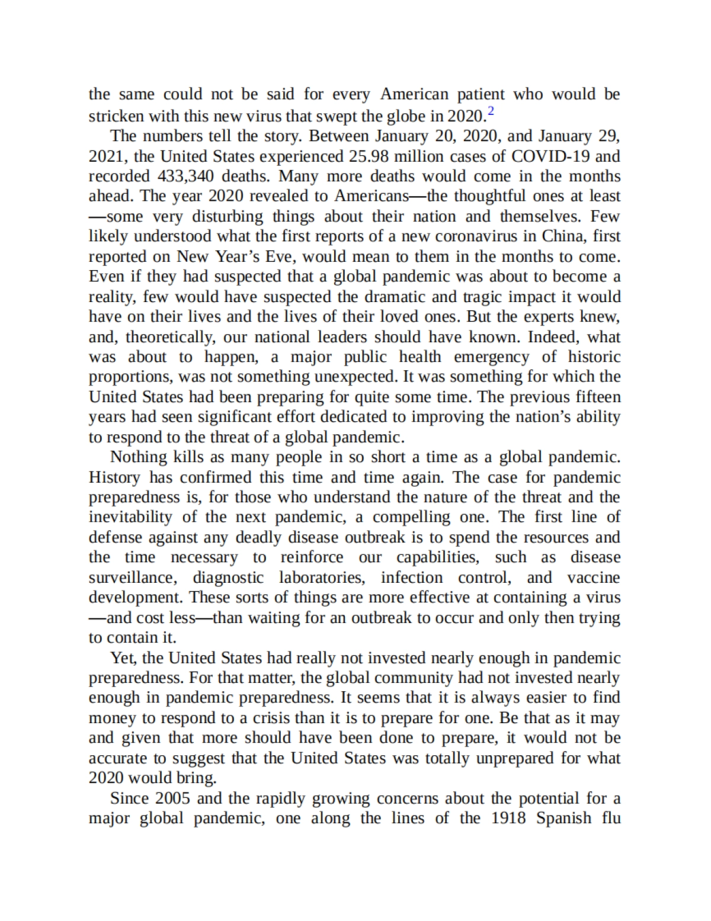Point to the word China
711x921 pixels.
[x=563, y=236]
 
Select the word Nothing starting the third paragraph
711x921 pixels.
[x=139, y=457]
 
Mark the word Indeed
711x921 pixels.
[x=552, y=337]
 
